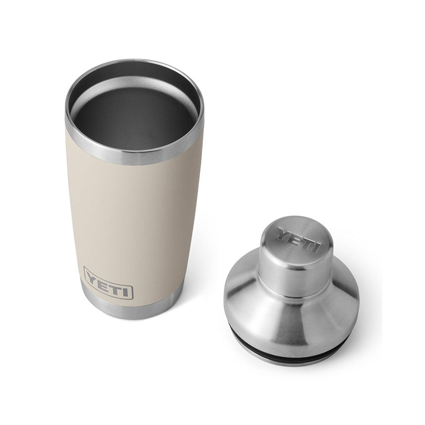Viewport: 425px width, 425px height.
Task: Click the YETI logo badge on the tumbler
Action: point(108,282)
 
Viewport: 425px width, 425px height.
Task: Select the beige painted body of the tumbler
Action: point(125,216)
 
